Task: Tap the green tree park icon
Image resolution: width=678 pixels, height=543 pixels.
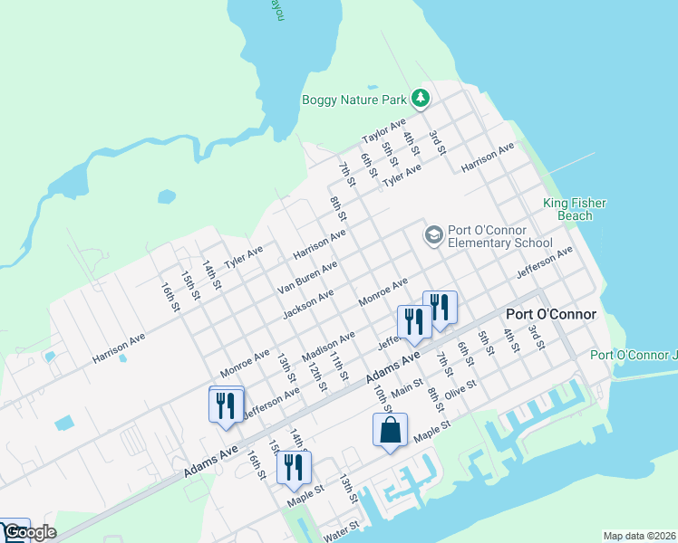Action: coord(420,98)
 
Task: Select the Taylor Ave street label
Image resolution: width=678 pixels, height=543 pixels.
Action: coord(383,132)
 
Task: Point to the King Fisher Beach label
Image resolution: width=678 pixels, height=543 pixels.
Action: coord(575,210)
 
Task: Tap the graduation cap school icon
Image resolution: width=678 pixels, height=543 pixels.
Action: coord(433,235)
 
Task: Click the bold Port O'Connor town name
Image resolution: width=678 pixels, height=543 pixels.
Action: coord(551,315)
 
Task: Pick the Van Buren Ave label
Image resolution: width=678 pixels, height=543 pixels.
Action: coord(307,278)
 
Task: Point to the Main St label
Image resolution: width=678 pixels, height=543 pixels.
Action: coord(407,387)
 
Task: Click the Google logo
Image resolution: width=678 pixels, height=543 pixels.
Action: coord(29,532)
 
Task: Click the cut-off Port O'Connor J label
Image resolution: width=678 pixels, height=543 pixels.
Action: coord(634,355)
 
